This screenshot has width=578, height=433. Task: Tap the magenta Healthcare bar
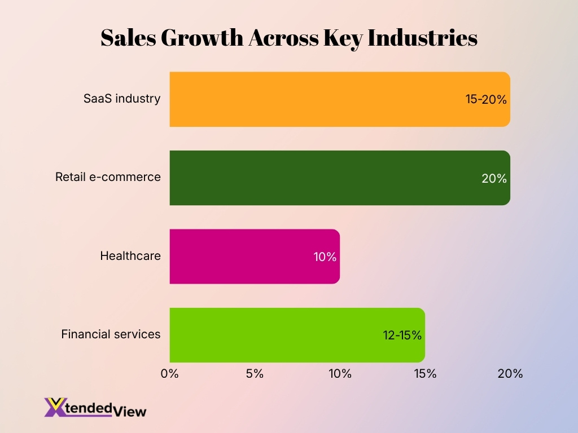pos(243,257)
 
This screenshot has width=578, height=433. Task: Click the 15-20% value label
pos(486,100)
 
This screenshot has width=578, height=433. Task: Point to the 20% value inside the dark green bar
pos(494,179)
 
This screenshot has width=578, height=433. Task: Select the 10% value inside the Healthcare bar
pos(325,257)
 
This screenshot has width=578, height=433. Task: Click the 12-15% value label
pos(402,335)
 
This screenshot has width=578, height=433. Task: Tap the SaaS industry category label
pos(122,99)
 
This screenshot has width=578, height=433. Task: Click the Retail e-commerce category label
pos(108,177)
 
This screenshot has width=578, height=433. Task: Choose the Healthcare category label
pos(130,256)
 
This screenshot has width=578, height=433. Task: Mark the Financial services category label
pos(111,334)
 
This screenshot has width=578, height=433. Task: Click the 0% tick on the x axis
pos(169,374)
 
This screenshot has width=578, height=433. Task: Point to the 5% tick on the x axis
pos(255,374)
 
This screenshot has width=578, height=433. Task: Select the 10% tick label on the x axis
pos(340,374)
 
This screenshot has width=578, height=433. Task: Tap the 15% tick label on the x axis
pos(425,374)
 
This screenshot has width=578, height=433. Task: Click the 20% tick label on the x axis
pos(510,374)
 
